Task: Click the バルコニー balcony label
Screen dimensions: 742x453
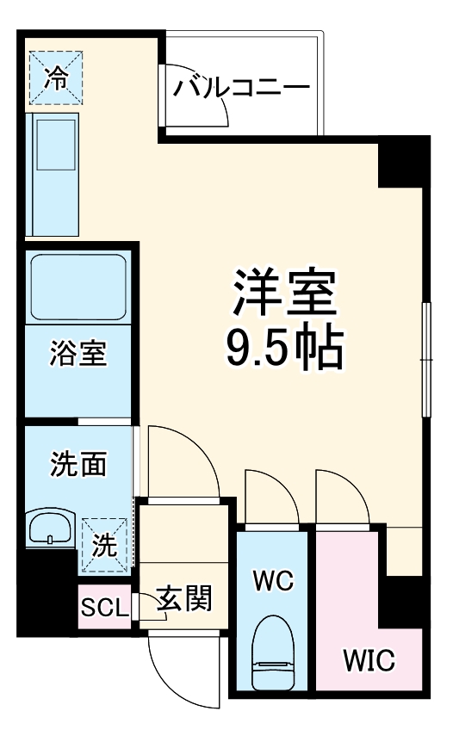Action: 241,87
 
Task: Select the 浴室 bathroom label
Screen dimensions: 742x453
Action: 78,354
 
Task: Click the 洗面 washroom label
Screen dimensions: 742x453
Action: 78,464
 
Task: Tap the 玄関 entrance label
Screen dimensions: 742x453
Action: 183,599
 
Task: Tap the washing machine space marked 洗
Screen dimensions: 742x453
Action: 105,544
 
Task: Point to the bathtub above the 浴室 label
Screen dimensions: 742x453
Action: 78,288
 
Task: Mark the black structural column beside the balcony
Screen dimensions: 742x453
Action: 403,161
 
